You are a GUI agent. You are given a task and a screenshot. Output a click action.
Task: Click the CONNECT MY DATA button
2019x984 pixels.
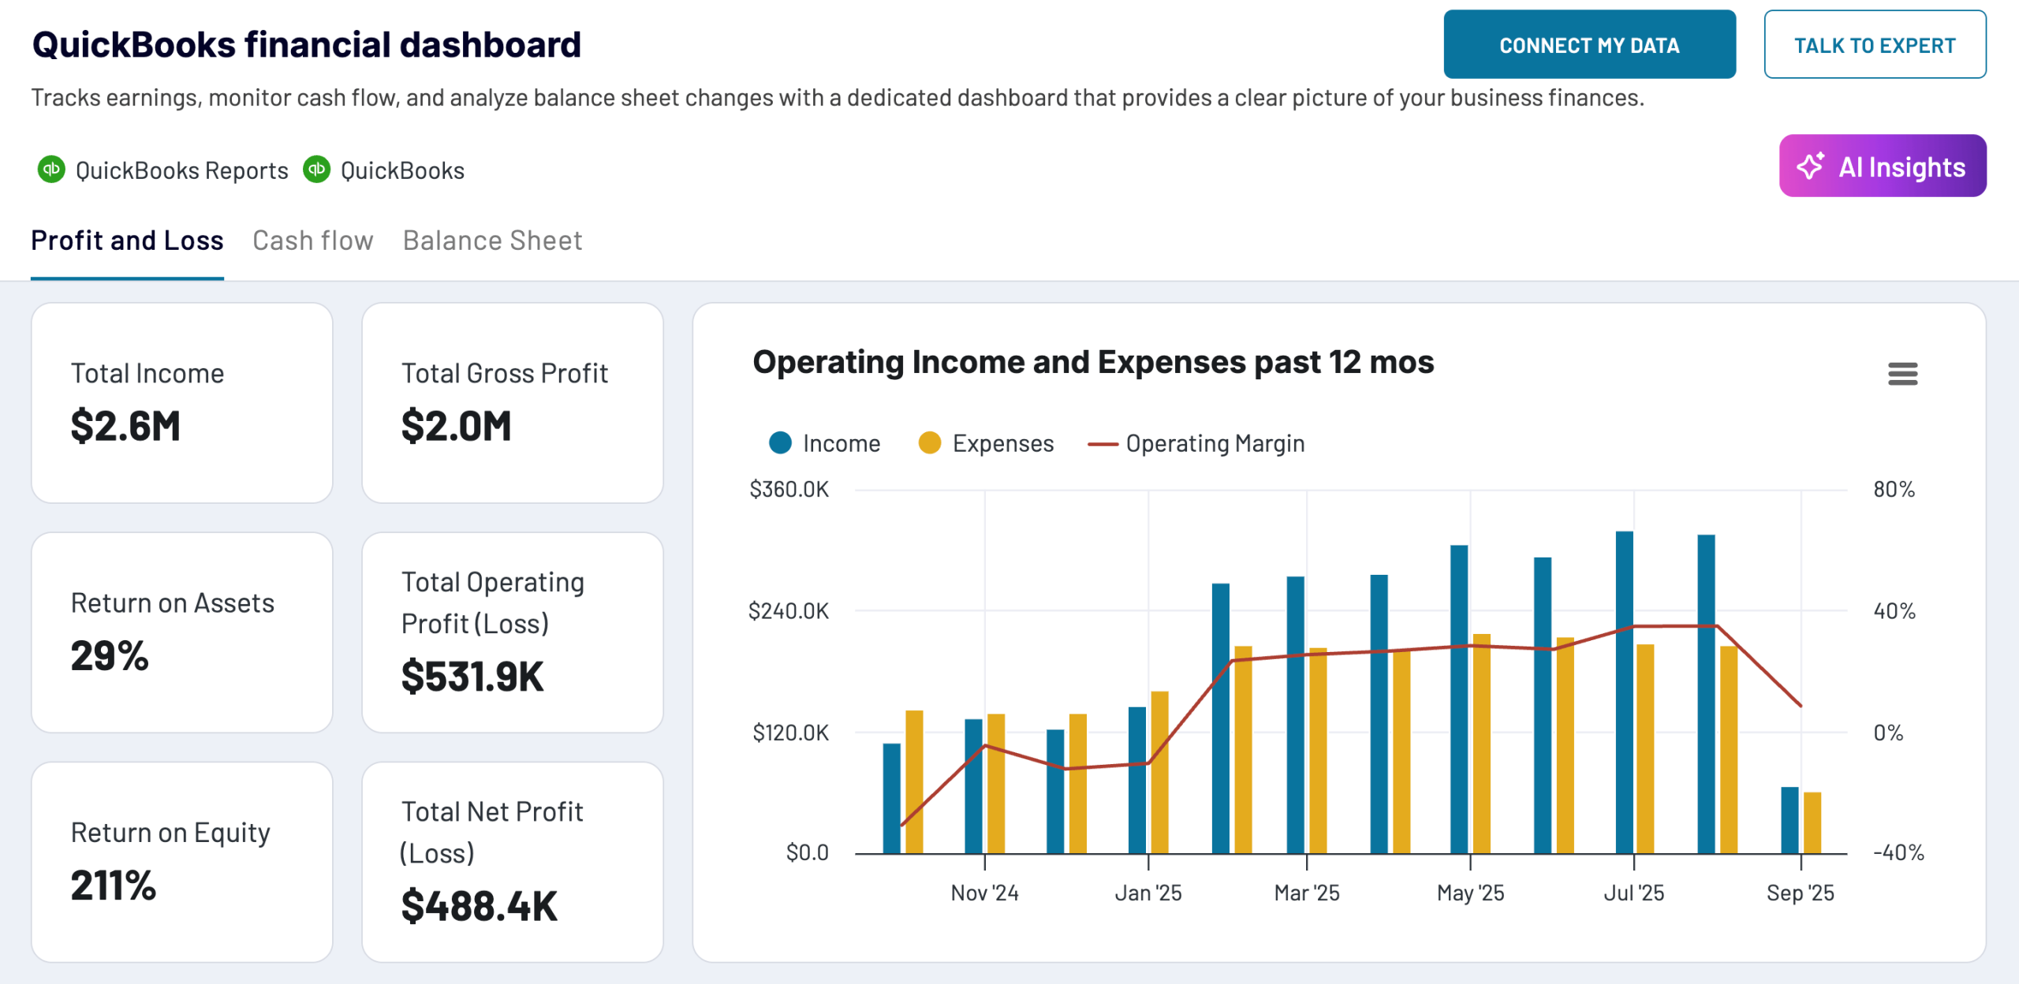tap(1588, 45)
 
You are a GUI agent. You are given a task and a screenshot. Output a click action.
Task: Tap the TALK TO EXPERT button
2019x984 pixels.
tap(1874, 45)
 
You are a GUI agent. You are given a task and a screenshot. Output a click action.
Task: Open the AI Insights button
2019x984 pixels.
tap(1882, 166)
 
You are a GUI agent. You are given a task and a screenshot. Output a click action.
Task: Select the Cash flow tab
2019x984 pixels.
tap(312, 240)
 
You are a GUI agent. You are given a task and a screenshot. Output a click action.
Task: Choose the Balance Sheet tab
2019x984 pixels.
tap(492, 240)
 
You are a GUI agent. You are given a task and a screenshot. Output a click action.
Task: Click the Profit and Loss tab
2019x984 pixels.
tap(127, 240)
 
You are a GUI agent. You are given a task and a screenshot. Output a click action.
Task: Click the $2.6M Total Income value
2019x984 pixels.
tap(125, 427)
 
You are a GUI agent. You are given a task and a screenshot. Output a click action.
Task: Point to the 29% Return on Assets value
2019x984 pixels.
tap(110, 656)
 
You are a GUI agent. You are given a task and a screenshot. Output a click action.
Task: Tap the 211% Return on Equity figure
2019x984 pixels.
tap(114, 885)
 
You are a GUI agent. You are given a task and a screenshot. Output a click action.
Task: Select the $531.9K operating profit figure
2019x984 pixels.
tap(472, 676)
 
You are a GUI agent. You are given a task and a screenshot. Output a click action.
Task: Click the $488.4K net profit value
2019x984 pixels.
tap(479, 906)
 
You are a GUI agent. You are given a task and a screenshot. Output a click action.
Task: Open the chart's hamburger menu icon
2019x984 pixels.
tap(1902, 374)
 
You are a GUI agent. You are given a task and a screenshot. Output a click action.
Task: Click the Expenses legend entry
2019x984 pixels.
tap(986, 444)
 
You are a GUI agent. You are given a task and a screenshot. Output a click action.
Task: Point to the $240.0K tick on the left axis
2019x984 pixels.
tap(788, 611)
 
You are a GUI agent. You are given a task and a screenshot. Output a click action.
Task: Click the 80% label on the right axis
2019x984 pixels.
tap(1894, 490)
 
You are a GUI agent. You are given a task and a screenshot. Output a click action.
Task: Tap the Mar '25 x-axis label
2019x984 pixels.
tap(1307, 893)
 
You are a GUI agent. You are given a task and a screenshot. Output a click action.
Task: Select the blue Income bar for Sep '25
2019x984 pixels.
tap(1789, 820)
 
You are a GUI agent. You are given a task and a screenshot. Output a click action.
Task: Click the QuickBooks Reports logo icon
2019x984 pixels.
tap(52, 170)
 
